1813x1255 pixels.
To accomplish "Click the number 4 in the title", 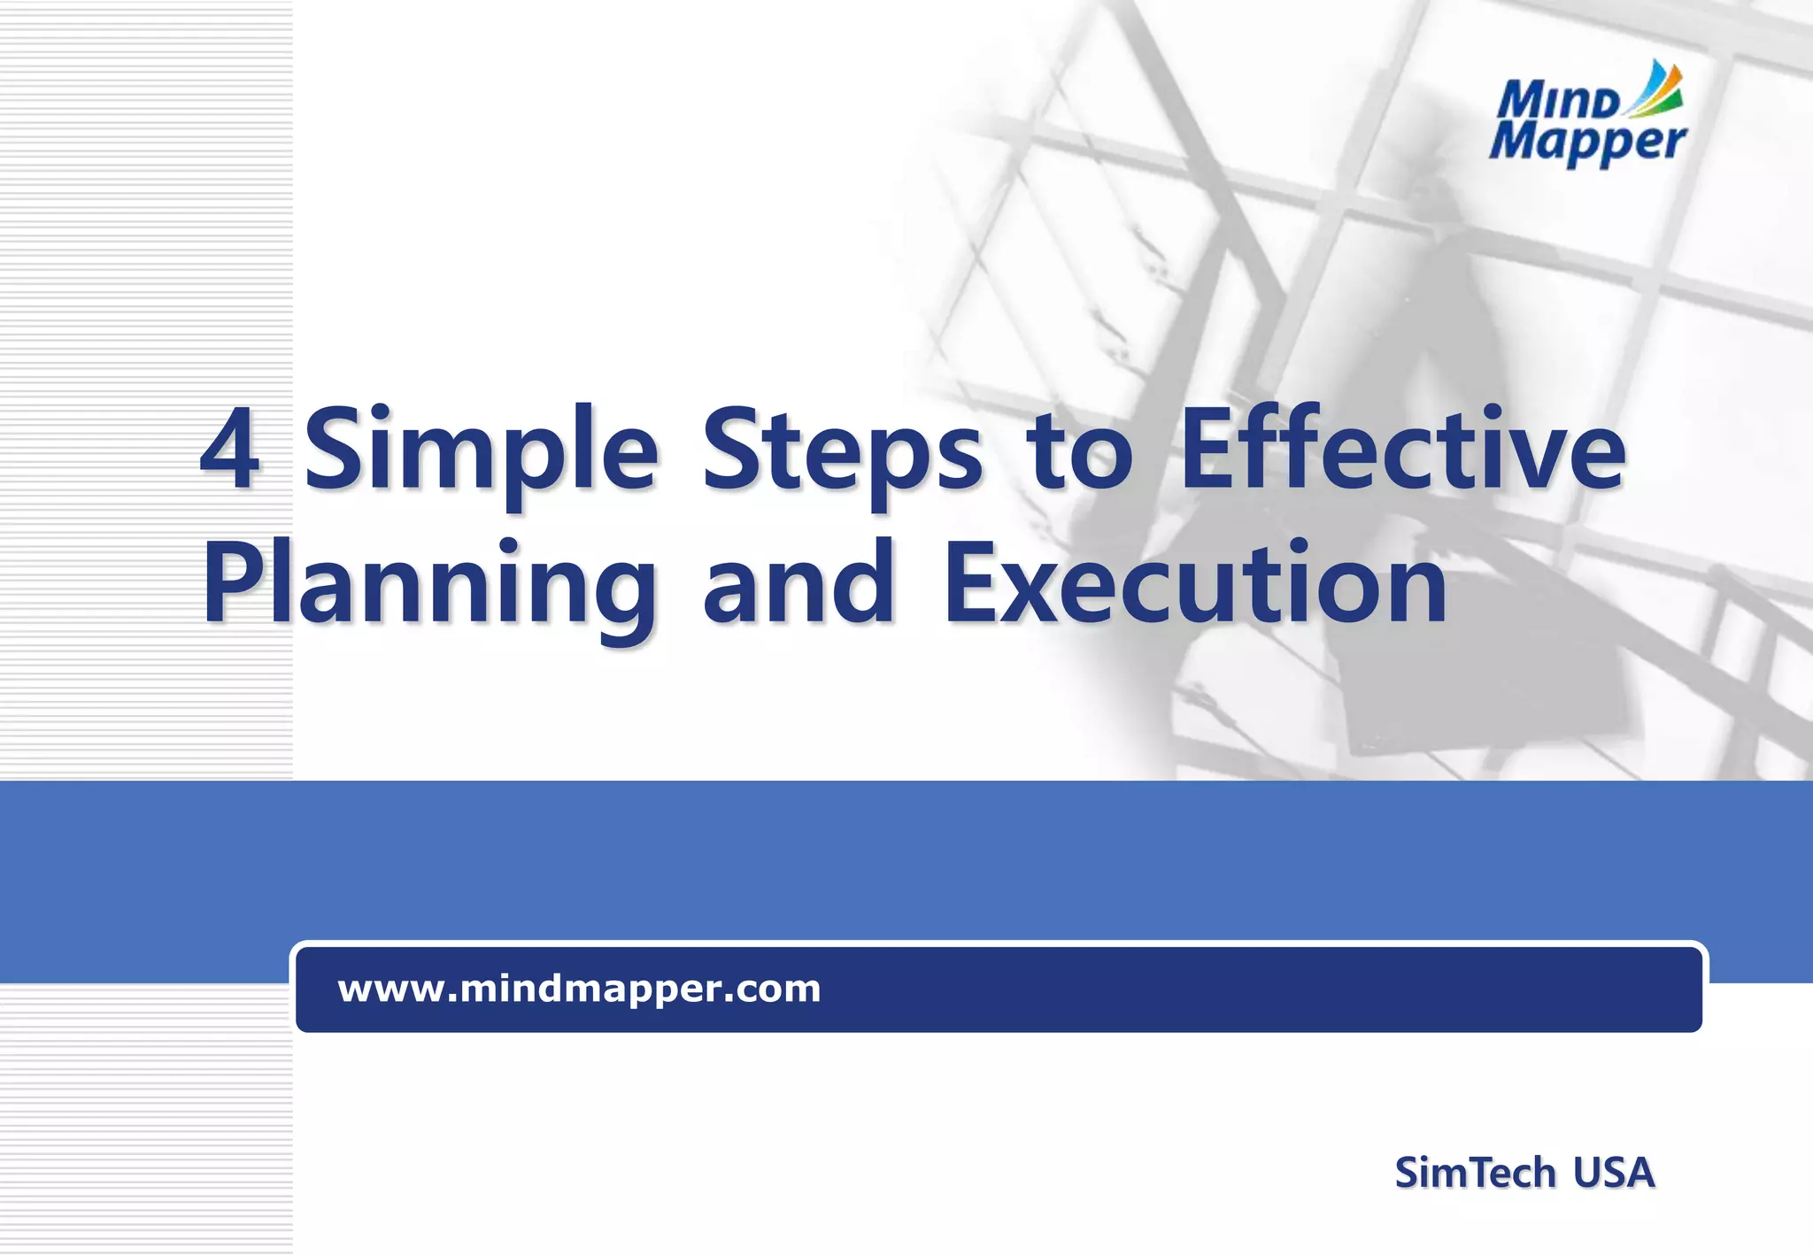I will (229, 449).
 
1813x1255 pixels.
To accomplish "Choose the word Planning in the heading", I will (430, 588).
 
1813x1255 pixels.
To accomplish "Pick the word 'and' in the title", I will (798, 583).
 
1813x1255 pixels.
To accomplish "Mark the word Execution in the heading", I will (1195, 583).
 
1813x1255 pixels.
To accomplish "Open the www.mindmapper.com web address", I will (579, 989).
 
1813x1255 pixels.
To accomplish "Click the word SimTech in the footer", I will (1475, 1173).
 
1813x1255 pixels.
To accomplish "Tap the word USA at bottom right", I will (1613, 1173).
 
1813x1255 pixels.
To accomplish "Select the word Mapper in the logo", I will (1587, 142).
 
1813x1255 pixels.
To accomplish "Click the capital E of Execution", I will (967, 583).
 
